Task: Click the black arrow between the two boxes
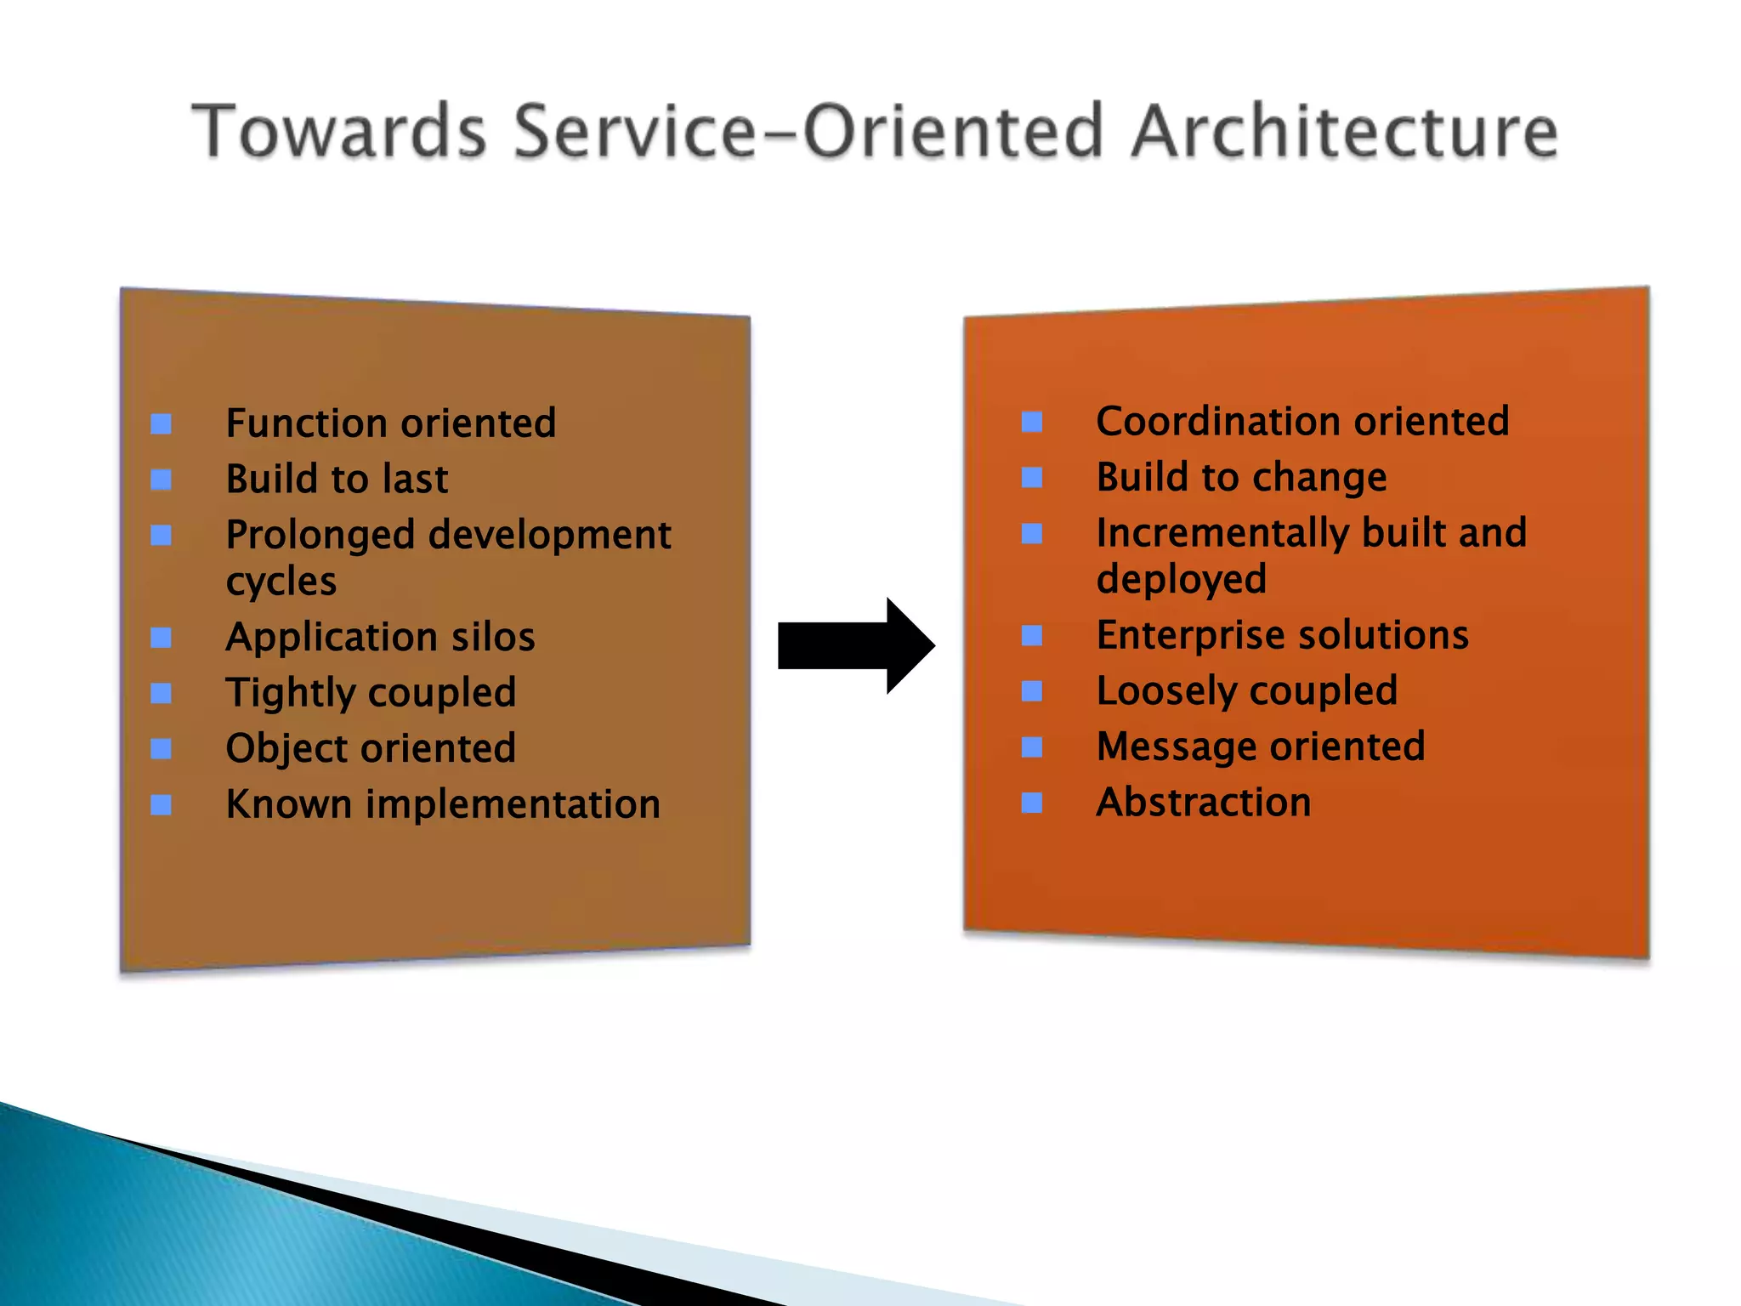854,645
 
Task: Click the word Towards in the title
339,131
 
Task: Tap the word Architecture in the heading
1345,131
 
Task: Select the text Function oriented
390,423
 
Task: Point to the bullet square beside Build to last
161,480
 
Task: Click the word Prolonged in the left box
320,536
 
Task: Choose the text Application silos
380,637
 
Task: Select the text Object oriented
371,748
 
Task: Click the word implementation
513,804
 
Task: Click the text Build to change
1241,477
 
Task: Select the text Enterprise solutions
1282,635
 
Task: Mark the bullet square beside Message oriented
1031,747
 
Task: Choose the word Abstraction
1203,803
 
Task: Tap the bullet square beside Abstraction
1031,803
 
